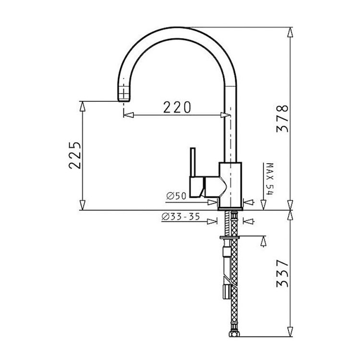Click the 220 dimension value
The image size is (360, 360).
(x=177, y=107)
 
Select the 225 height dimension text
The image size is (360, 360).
(x=75, y=156)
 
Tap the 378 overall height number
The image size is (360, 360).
(x=282, y=119)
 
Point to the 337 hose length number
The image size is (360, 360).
(x=282, y=274)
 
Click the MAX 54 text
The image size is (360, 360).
(x=270, y=179)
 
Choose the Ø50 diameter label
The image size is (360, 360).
(x=176, y=196)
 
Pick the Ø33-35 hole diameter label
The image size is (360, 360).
(x=180, y=216)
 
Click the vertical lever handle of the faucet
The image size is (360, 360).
(x=193, y=162)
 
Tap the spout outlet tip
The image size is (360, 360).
(x=124, y=99)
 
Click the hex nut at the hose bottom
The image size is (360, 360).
(x=234, y=334)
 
